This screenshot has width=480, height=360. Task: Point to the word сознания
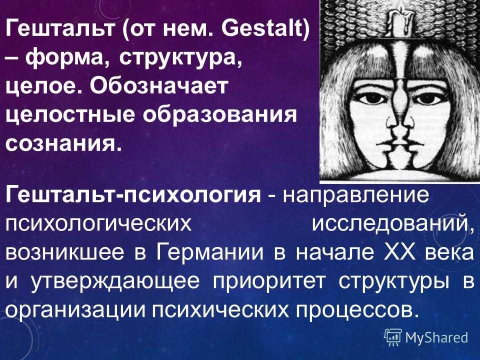coord(61,143)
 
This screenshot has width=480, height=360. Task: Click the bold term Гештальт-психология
coord(133,195)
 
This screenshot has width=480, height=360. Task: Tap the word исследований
coord(391,224)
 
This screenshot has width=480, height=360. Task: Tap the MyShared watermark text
coord(436,337)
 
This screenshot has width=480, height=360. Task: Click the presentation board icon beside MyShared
coord(393,337)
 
